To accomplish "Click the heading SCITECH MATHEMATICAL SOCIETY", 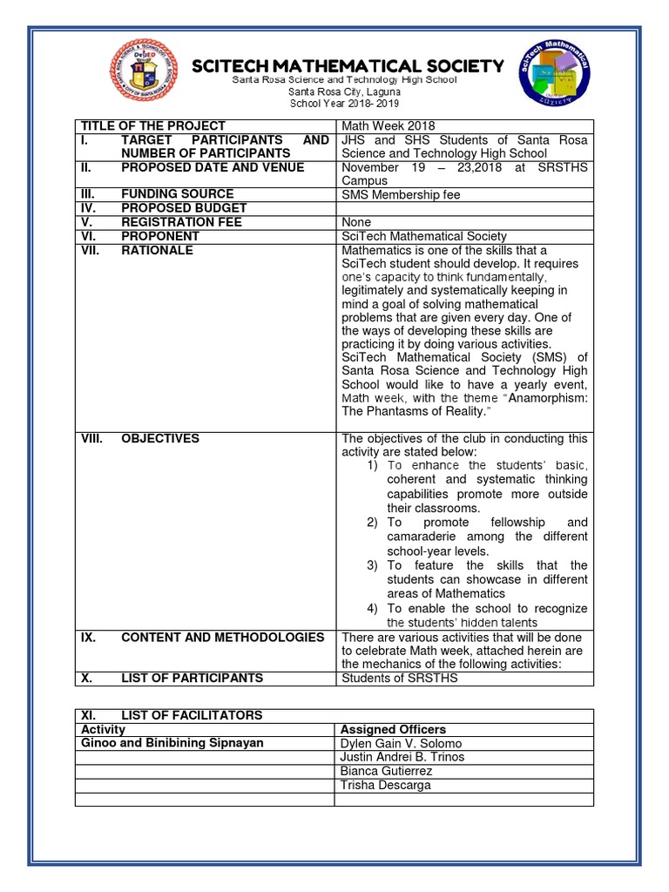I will click(348, 66).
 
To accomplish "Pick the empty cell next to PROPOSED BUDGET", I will click(464, 208).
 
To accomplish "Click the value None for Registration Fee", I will click(356, 222).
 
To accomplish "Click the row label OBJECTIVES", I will click(160, 438).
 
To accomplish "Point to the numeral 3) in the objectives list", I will click(372, 565).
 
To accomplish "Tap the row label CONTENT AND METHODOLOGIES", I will click(222, 637).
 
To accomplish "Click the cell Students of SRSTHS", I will click(399, 678).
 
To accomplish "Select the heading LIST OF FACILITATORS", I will click(191, 715).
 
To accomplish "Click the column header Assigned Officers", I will click(393, 729).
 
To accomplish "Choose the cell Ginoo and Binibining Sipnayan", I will click(172, 743).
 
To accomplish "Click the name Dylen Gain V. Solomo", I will click(401, 743).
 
